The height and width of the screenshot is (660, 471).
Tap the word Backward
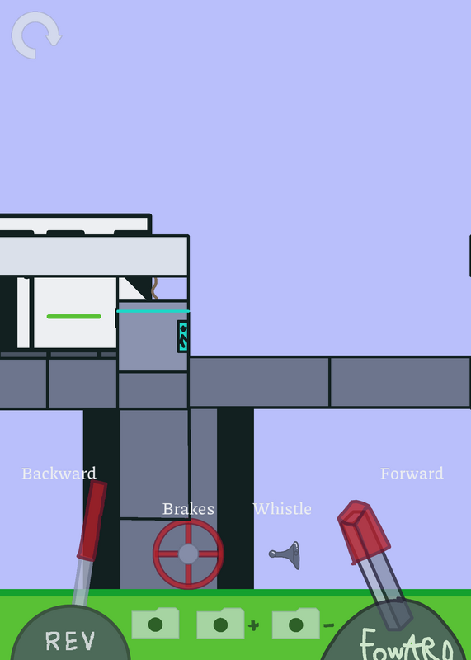[59, 474]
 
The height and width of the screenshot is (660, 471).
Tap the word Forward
[412, 474]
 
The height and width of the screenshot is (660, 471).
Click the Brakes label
[188, 509]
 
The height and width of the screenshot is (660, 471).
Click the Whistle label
[282, 509]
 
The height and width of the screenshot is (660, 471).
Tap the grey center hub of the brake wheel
[188, 554]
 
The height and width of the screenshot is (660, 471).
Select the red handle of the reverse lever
[92, 521]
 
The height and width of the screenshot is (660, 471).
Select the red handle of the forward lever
[364, 531]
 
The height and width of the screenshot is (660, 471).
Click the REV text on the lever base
[70, 641]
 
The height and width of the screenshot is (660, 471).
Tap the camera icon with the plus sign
[220, 624]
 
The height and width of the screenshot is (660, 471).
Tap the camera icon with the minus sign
[296, 624]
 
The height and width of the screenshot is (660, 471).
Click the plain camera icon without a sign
[155, 623]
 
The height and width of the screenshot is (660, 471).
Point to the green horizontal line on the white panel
[74, 317]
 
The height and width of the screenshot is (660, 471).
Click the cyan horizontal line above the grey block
[153, 311]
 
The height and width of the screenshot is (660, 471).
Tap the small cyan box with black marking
[183, 337]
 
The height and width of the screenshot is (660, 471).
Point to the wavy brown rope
[154, 288]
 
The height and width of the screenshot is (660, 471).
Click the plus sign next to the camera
[253, 626]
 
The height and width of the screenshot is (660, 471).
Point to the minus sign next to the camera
[329, 625]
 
